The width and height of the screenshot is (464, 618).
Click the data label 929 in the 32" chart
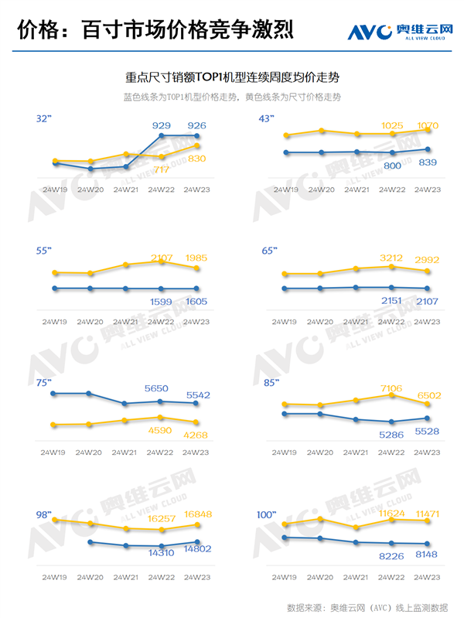162,125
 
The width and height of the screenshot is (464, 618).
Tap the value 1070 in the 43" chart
428,125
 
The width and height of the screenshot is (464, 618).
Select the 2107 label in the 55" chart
162,258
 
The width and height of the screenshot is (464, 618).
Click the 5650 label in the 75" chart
162,389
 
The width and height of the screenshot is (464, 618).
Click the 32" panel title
43,119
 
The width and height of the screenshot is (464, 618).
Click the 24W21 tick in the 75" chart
126,452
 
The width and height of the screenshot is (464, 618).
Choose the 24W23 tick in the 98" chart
196,577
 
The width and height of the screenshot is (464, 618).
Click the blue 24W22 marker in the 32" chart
162,136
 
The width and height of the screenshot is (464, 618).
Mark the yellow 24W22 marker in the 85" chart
393,395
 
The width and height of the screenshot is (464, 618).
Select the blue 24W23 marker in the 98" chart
197,542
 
